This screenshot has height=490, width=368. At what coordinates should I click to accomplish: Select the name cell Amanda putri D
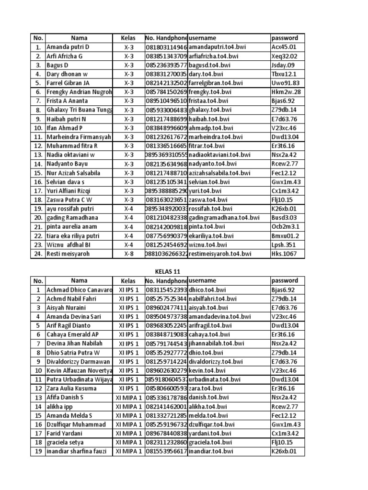(x=68, y=47)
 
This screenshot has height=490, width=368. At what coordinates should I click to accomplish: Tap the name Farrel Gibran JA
(x=68, y=83)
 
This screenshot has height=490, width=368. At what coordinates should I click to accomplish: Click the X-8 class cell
(x=129, y=254)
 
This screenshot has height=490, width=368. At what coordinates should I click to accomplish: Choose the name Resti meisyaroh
(x=68, y=254)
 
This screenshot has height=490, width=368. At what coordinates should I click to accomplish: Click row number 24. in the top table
(x=37, y=254)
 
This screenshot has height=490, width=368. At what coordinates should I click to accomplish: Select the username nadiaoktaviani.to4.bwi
(x=219, y=155)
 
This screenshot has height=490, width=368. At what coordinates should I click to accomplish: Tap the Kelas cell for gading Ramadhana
(x=129, y=218)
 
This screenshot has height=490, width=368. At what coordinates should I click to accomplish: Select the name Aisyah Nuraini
(x=66, y=308)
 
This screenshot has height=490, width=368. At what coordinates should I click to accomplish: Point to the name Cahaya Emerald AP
(x=73, y=334)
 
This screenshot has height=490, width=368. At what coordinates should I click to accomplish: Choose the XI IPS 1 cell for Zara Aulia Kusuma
(x=129, y=389)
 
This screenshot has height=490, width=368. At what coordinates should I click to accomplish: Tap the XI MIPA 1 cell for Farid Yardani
(x=129, y=434)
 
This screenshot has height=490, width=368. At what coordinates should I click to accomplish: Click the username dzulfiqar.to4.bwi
(x=211, y=424)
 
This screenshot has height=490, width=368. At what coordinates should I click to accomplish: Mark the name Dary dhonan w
(x=67, y=74)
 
